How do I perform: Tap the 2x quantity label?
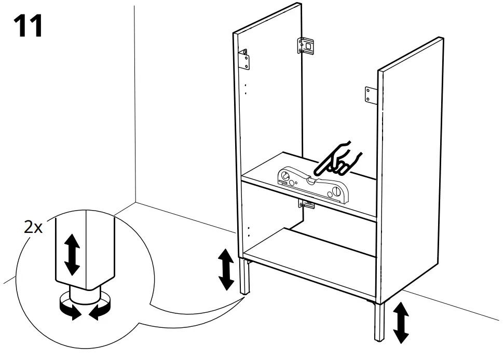point(33,227)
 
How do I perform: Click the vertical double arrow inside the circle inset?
point(72,254)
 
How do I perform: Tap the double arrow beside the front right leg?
point(401,322)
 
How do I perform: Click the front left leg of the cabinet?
point(243,277)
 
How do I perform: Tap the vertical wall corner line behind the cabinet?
point(134,104)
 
